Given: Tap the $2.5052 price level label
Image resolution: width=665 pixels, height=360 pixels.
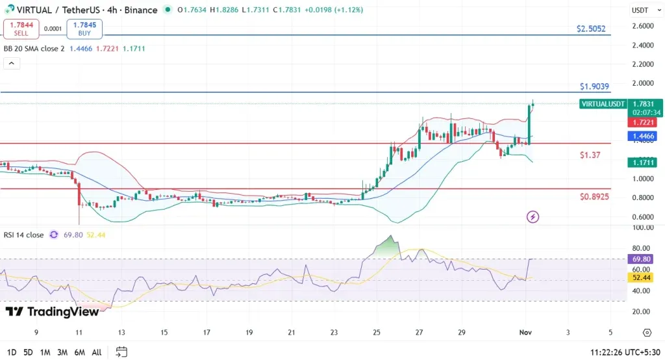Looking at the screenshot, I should [x=591, y=29].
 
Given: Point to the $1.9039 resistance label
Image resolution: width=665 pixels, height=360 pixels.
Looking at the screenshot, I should [x=594, y=86].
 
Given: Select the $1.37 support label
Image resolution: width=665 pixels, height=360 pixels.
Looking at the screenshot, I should [x=590, y=155].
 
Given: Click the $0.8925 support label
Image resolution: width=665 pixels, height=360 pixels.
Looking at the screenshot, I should [x=594, y=196].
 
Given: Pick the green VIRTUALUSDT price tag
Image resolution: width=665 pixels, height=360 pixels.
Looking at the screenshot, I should [x=603, y=104].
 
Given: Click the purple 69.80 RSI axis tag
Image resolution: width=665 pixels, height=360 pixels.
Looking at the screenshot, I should [x=640, y=259].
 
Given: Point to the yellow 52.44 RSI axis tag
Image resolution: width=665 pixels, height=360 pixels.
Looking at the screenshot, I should [x=640, y=277].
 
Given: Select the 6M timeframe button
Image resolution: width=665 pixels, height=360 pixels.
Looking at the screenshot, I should [x=79, y=352].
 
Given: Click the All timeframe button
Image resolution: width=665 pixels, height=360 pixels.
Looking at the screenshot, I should [x=96, y=352].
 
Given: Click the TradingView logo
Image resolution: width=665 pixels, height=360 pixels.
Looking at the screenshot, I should [x=53, y=312].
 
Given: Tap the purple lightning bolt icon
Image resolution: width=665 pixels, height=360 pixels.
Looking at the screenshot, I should [x=533, y=216].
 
